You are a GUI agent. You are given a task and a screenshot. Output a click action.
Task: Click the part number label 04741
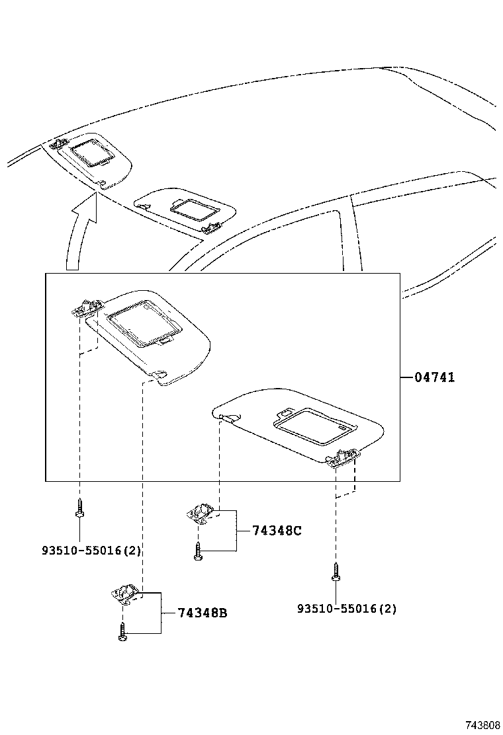click(x=434, y=377)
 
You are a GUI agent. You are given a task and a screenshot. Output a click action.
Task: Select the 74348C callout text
click(x=277, y=530)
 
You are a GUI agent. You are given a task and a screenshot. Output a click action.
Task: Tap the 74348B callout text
click(x=203, y=613)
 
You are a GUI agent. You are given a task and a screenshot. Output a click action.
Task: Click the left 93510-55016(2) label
click(x=92, y=550)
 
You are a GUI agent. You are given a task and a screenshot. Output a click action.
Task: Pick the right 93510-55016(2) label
click(x=347, y=608)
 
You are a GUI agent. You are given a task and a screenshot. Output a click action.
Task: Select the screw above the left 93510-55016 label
click(x=79, y=508)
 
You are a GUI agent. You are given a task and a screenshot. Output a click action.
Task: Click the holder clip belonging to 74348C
click(x=199, y=512)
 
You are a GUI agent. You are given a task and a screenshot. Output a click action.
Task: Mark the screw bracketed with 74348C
click(x=198, y=551)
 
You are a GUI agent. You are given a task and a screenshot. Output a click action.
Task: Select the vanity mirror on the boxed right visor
click(x=309, y=426)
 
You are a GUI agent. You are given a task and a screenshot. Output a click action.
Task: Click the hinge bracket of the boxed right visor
click(x=345, y=456)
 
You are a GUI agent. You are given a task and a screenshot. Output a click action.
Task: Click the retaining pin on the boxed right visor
click(x=226, y=416)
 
